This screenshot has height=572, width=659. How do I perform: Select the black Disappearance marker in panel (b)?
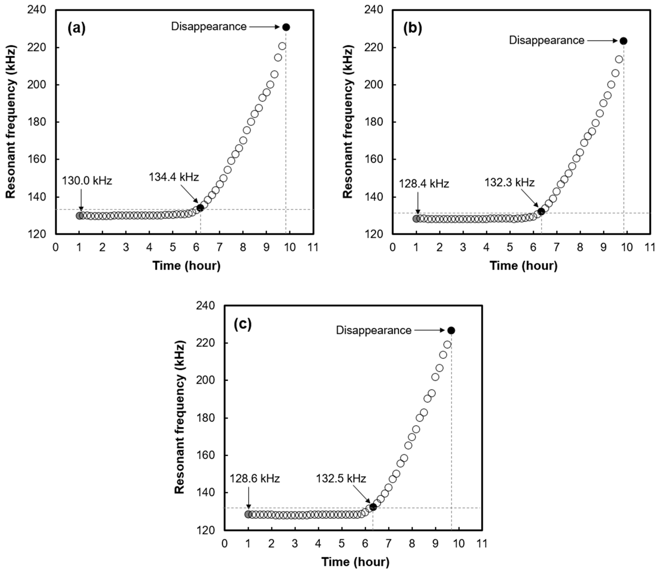tap(623, 41)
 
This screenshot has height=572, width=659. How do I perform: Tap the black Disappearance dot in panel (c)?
tap(451, 330)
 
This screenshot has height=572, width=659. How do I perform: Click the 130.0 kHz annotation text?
tap(87, 181)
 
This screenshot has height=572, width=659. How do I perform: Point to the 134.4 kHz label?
tap(174, 177)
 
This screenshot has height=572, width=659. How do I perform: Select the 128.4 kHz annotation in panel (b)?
tap(424, 184)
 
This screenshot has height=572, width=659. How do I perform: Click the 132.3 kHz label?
tap(509, 182)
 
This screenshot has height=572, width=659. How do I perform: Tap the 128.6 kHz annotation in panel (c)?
tap(255, 479)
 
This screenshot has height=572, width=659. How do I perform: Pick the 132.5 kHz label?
tap(341, 479)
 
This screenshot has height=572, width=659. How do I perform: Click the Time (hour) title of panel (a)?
tap(187, 265)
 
